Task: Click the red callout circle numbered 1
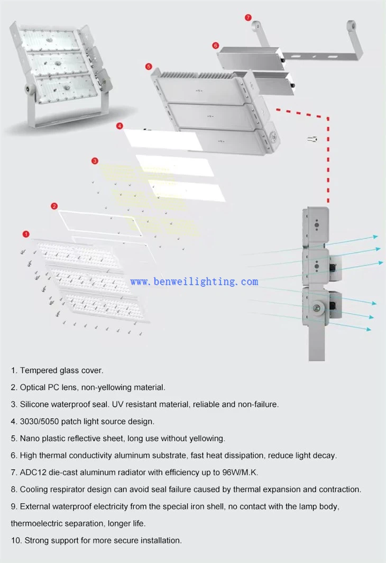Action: [26, 233]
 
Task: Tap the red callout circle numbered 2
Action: [54, 206]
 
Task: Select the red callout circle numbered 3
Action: [95, 161]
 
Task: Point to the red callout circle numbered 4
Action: [120, 126]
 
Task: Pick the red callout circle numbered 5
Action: [149, 67]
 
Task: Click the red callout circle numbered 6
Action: [215, 46]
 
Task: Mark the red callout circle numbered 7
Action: [248, 17]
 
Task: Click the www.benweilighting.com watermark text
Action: [194, 281]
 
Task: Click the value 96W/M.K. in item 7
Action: [240, 472]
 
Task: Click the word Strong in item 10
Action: [36, 540]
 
